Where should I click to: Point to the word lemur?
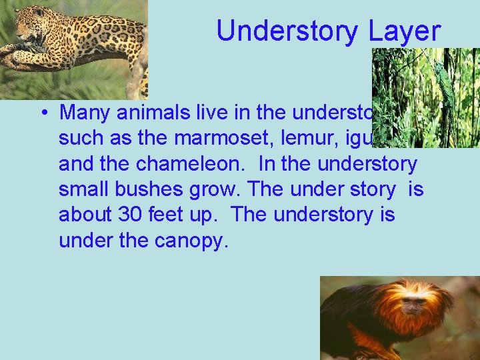[285, 138]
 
